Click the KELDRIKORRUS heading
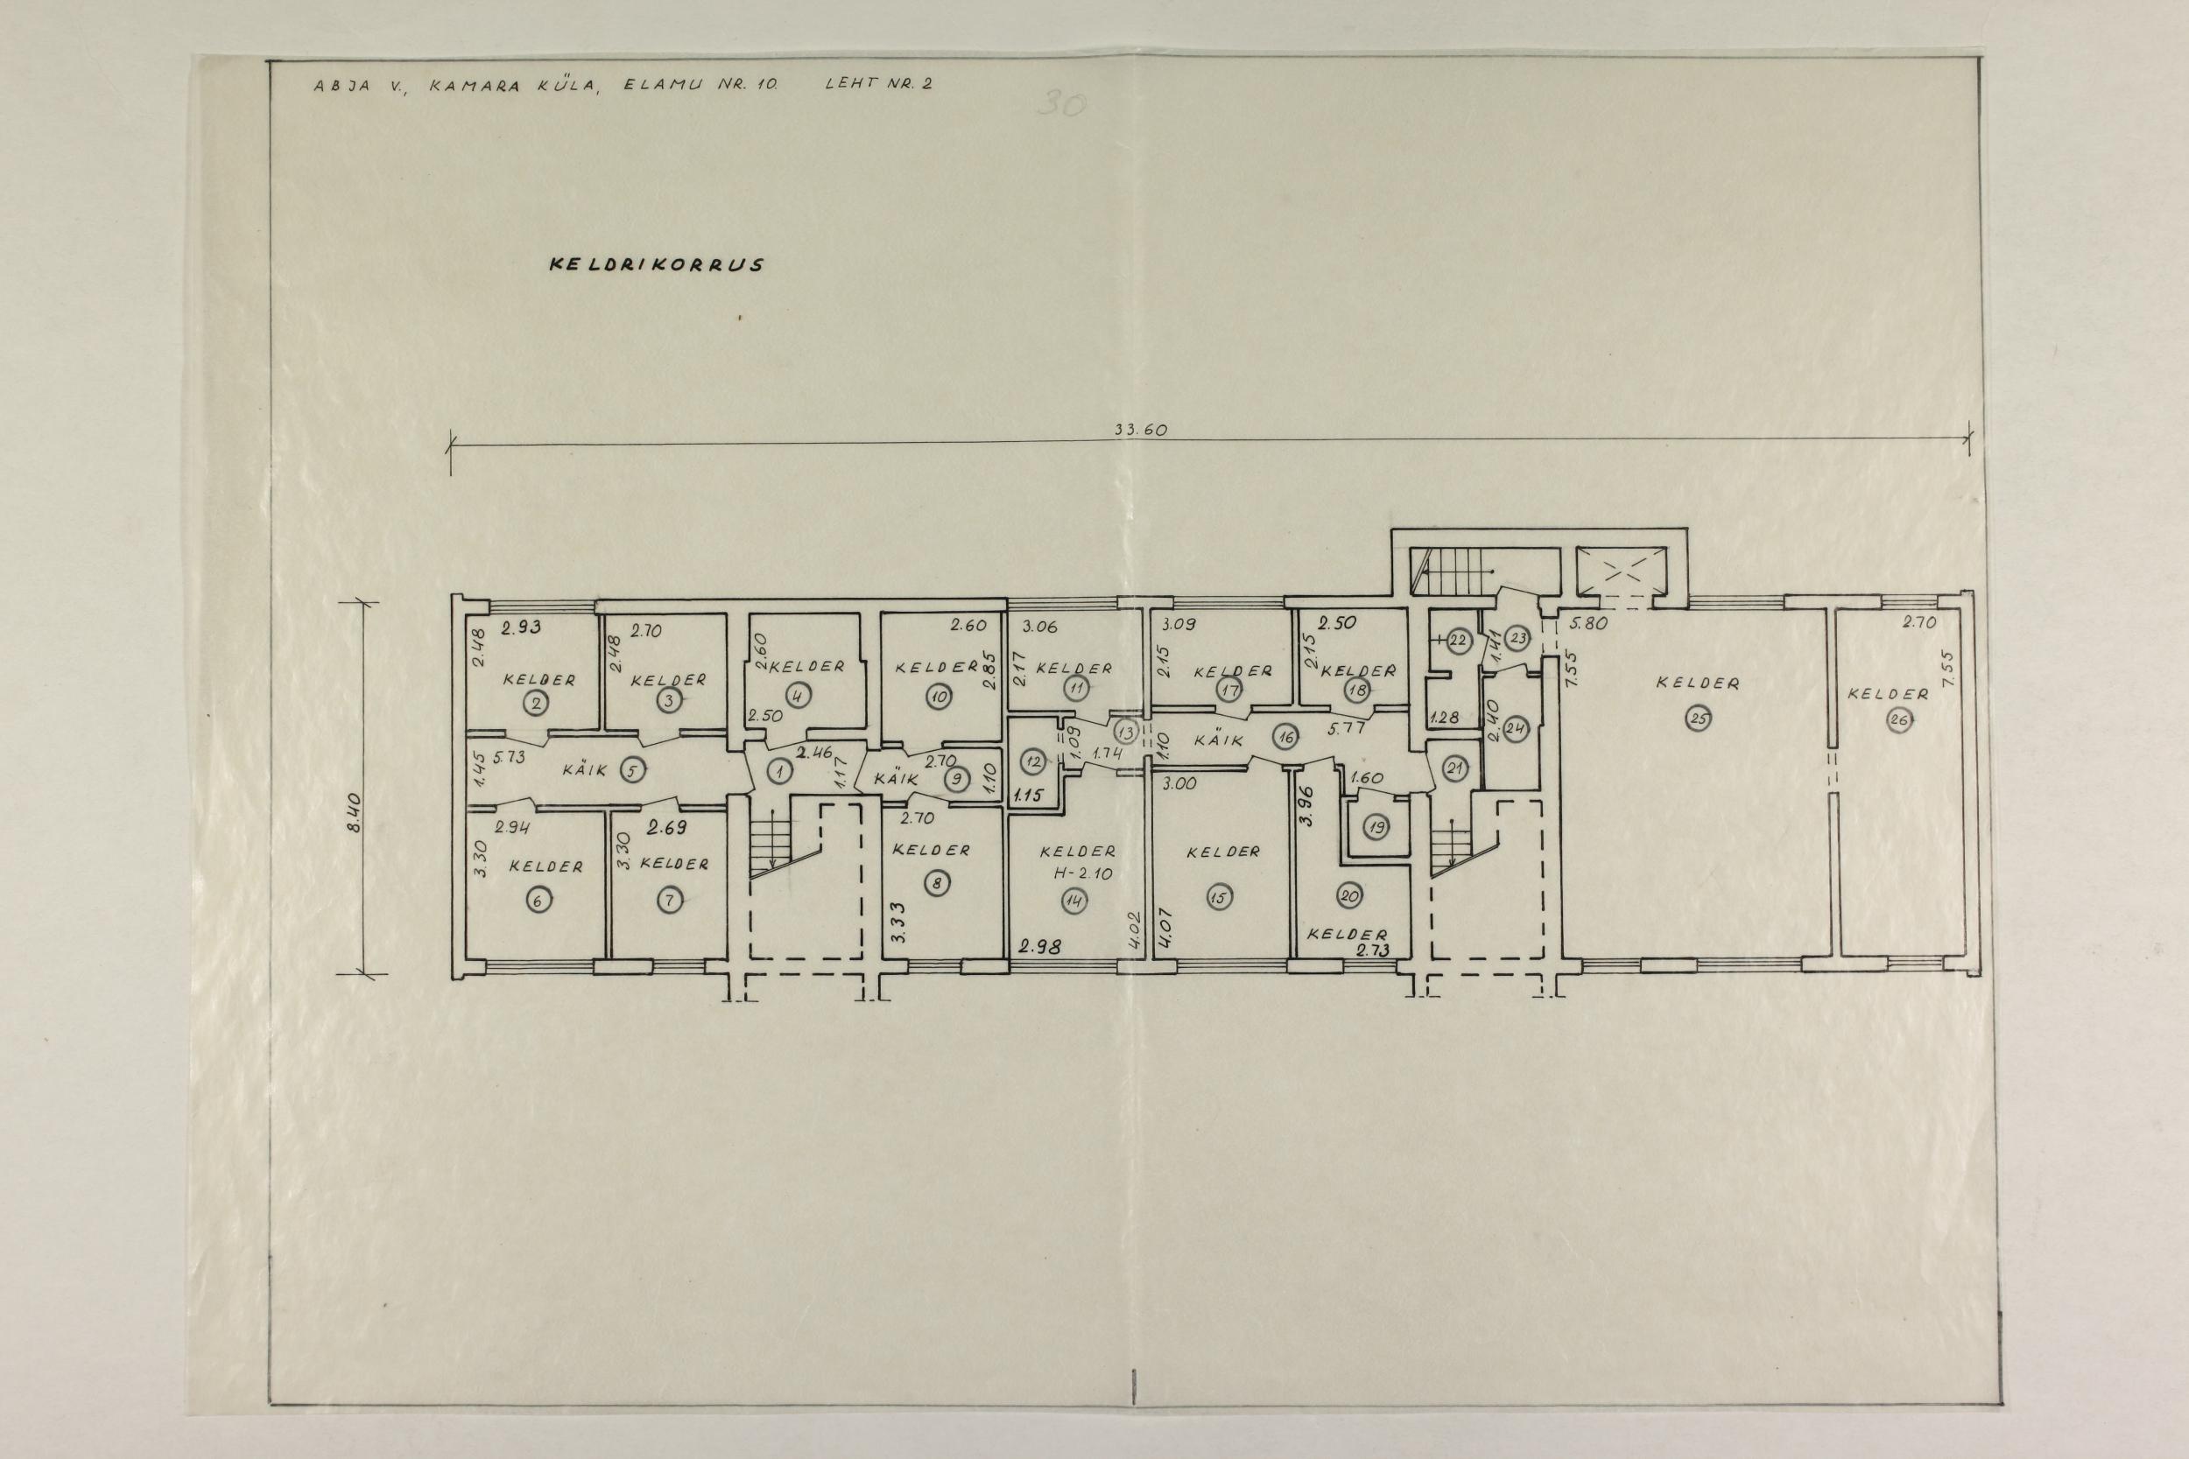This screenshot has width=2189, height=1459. (x=657, y=264)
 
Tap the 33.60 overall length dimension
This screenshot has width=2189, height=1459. (x=1140, y=430)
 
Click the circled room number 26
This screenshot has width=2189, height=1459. (x=1899, y=720)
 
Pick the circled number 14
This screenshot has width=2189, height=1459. (x=1077, y=900)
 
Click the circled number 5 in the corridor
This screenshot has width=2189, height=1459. (x=631, y=770)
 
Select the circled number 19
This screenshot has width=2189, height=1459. (x=1376, y=826)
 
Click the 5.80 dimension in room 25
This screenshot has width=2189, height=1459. (x=1588, y=623)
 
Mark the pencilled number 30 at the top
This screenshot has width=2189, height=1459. (x=1061, y=104)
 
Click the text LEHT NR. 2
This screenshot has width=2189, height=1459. (x=878, y=83)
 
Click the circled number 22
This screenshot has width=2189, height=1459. (x=1458, y=640)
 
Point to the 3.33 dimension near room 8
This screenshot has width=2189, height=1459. (x=898, y=922)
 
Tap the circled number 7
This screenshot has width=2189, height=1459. (x=669, y=900)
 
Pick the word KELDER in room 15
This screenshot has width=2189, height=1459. (x=1224, y=852)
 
